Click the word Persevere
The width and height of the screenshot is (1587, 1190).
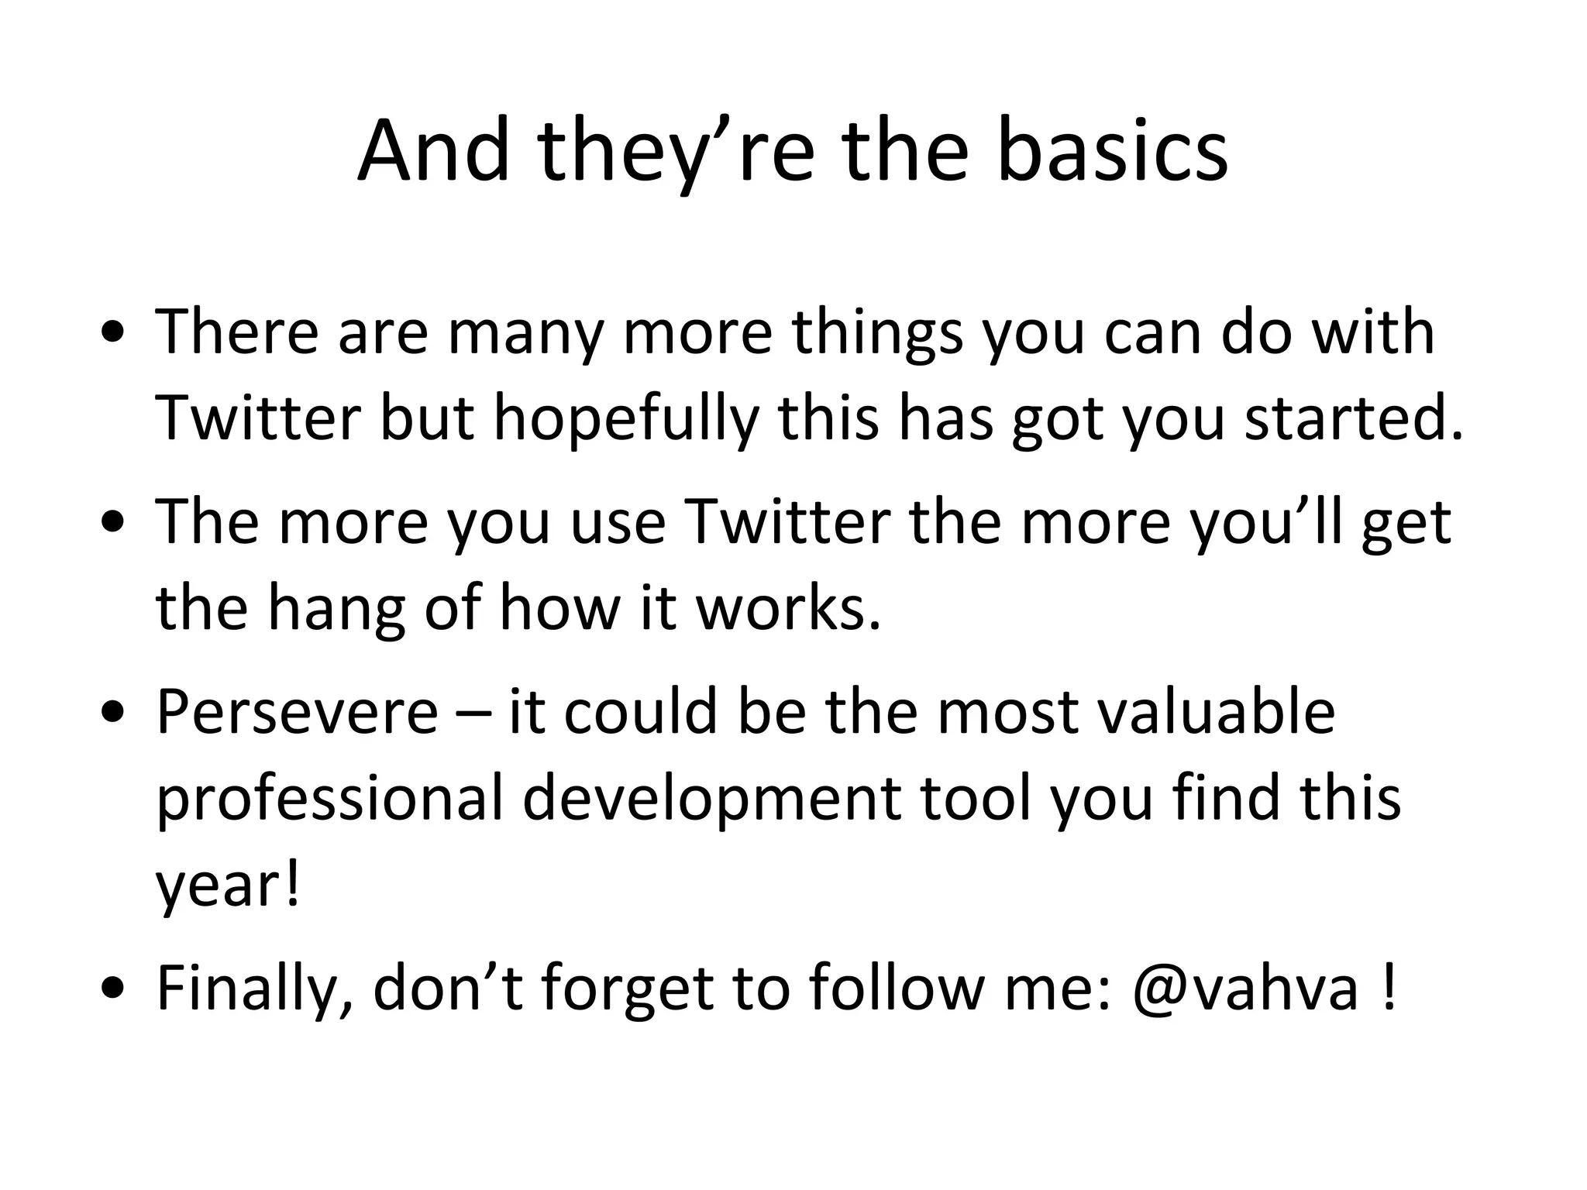[298, 712]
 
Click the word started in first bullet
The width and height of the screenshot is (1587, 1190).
[1353, 419]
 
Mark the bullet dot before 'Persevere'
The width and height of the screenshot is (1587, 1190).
[114, 714]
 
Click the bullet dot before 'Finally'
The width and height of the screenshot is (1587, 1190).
[114, 989]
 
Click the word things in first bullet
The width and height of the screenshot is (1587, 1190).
[876, 333]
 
